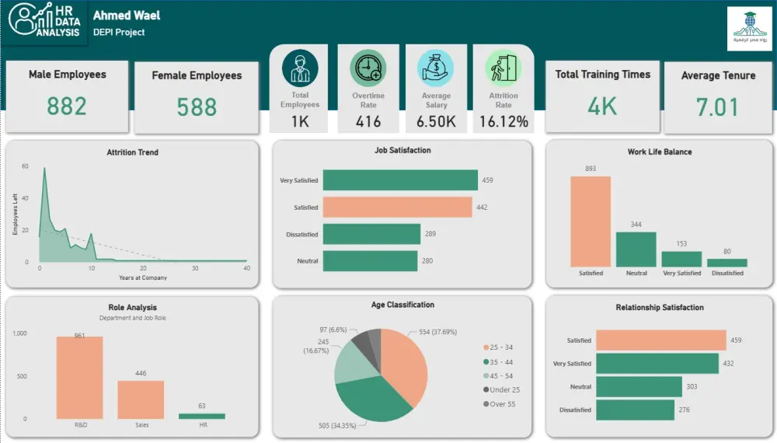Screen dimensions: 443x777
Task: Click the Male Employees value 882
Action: tap(67, 105)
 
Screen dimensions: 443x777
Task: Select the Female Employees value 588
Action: tap(197, 106)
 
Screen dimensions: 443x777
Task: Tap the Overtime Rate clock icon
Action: tap(368, 68)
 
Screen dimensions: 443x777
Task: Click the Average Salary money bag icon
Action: tap(435, 68)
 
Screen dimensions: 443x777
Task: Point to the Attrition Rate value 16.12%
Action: tap(503, 121)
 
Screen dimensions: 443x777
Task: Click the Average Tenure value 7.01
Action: tap(717, 106)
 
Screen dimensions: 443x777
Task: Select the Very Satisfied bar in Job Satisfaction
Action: tap(400, 180)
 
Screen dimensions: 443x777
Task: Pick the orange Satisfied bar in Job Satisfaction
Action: tap(397, 208)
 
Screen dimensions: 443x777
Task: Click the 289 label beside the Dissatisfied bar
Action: tap(430, 234)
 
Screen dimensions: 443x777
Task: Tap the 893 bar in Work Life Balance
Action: tap(591, 221)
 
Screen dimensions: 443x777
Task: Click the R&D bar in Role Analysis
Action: tap(79, 378)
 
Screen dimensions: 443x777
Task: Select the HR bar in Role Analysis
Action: tap(202, 416)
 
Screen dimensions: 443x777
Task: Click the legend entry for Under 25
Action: tap(503, 389)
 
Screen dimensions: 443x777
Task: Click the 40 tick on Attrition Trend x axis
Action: tap(246, 269)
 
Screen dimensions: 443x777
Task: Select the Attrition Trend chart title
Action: tap(132, 152)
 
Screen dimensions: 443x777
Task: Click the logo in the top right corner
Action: tap(749, 30)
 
